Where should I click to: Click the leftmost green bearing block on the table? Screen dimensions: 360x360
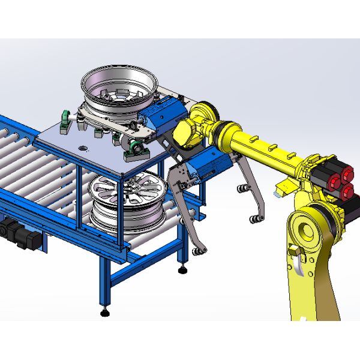(65, 119)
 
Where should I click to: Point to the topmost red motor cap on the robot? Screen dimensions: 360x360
(332, 166)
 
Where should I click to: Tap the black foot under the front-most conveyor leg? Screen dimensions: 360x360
(106, 311)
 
